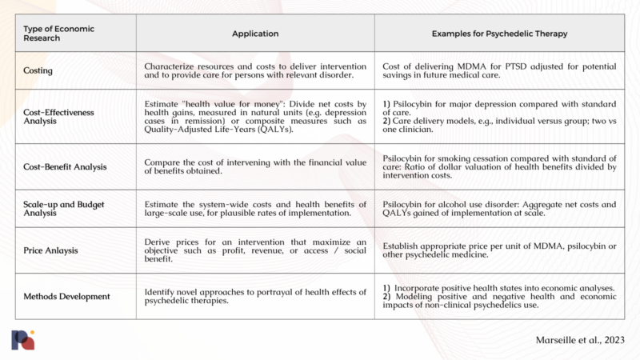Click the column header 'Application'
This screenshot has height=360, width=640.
255,34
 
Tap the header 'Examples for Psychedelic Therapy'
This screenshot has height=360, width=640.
500,34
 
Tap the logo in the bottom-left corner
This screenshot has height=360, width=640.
23,339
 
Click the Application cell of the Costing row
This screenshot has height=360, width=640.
255,70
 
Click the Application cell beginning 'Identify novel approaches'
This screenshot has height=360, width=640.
255,296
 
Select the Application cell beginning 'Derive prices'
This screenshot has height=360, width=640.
255,250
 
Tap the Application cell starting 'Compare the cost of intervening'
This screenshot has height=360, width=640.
255,166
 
